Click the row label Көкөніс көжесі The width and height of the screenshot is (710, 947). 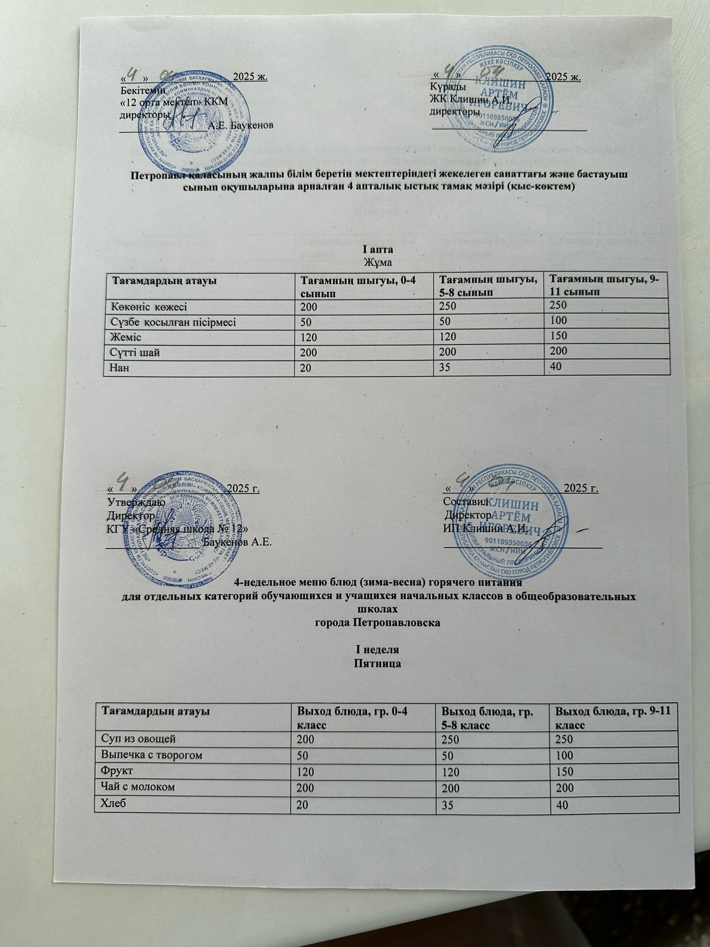point(146,306)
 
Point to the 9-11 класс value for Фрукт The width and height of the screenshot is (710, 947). point(560,772)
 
